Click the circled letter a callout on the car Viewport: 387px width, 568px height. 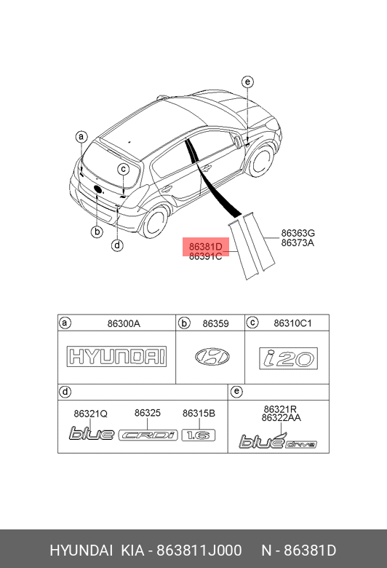pyautogui.click(x=81, y=137)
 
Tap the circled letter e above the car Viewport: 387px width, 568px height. pyautogui.click(x=247, y=82)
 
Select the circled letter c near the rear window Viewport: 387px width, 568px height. pyautogui.click(x=124, y=169)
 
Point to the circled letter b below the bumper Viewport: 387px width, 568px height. pyautogui.click(x=97, y=232)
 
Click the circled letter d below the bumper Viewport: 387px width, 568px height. pyautogui.click(x=117, y=245)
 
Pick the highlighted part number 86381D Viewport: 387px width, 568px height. pyautogui.click(x=206, y=247)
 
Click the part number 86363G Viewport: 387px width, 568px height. pyautogui.click(x=298, y=233)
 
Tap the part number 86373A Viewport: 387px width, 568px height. pyautogui.click(x=298, y=242)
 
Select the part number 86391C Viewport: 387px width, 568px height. pyautogui.click(x=206, y=256)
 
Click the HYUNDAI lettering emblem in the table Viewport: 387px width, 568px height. pyautogui.click(x=116, y=356)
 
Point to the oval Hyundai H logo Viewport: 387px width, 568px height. pyautogui.click(x=212, y=357)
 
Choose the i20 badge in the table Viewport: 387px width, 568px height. pyautogui.click(x=289, y=358)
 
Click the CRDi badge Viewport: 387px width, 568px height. pyautogui.click(x=148, y=435)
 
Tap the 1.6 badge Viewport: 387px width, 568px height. pyautogui.click(x=199, y=435)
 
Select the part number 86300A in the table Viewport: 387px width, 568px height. pyautogui.click(x=124, y=323)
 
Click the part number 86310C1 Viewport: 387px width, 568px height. pyautogui.click(x=292, y=323)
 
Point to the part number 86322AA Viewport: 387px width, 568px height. pyautogui.click(x=282, y=418)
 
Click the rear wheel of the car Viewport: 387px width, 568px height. pyautogui.click(x=156, y=221)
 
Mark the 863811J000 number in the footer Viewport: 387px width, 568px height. pyautogui.click(x=199, y=551)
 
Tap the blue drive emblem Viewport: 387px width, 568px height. pyautogui.click(x=278, y=441)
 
